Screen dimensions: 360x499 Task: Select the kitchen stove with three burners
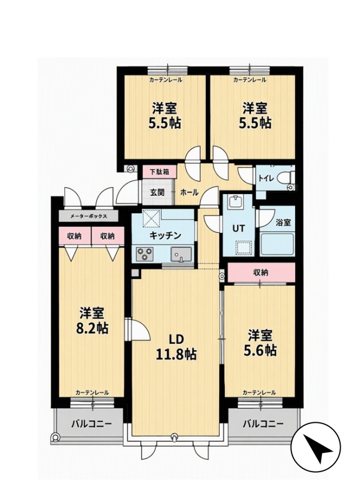(x=145, y=254)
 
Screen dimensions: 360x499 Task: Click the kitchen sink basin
(x=181, y=254)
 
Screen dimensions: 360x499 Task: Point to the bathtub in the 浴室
(x=277, y=245)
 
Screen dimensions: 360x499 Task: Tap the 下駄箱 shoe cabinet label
(x=159, y=172)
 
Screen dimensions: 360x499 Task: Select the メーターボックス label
(x=89, y=216)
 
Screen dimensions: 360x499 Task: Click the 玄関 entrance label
(x=157, y=193)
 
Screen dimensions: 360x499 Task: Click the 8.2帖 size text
(x=92, y=327)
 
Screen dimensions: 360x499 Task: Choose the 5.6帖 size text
(x=260, y=350)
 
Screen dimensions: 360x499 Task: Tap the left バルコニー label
(x=91, y=424)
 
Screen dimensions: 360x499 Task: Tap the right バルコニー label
(x=263, y=424)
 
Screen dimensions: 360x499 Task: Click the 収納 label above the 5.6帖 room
(x=261, y=272)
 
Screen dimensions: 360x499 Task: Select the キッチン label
(x=165, y=235)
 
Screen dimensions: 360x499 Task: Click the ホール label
(x=190, y=192)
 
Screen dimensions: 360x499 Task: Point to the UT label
(x=239, y=228)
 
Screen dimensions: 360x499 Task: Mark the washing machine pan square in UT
(x=244, y=246)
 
